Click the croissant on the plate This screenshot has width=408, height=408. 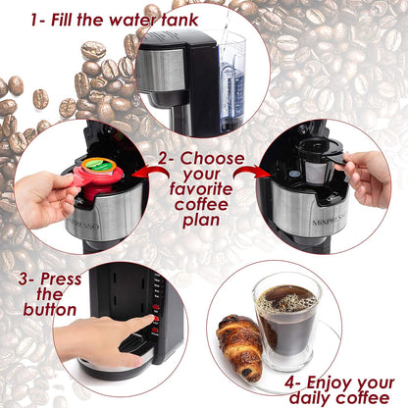238,346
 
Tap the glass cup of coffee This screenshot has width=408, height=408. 285,325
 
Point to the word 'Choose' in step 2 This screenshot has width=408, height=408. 206,158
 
